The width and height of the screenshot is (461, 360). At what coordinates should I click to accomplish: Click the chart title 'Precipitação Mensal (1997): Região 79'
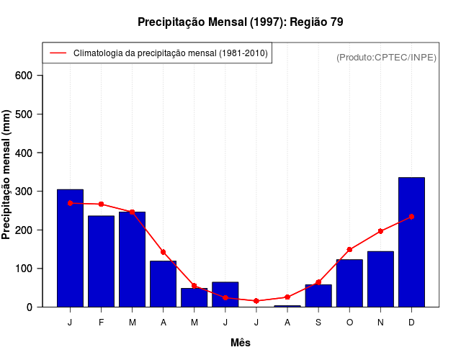click(x=241, y=22)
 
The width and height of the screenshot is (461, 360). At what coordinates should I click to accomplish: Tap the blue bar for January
click(x=70, y=248)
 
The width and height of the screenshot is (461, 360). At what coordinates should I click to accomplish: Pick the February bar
click(x=101, y=261)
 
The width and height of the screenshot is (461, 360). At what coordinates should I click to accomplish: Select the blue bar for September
click(x=318, y=295)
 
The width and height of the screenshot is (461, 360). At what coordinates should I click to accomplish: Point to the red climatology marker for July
click(x=256, y=301)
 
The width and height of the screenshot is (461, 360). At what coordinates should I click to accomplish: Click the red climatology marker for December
click(x=411, y=217)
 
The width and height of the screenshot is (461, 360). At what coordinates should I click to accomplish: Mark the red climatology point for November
click(x=380, y=231)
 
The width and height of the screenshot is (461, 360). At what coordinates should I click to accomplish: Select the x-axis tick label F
click(x=101, y=323)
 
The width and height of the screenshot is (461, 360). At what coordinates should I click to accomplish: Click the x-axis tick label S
click(x=318, y=323)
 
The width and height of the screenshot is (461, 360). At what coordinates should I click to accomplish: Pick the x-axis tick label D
click(x=411, y=323)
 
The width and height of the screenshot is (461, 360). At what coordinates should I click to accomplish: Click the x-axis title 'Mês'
click(x=241, y=343)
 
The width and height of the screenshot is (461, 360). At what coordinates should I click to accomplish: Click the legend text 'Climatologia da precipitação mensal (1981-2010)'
click(x=170, y=53)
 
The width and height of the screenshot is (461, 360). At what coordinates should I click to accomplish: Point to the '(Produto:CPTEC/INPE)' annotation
click(x=387, y=57)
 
